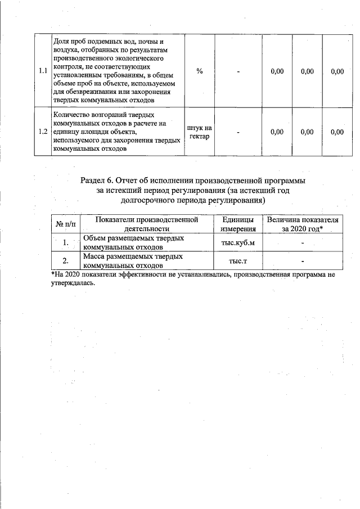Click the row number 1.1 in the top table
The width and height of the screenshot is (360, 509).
(43, 71)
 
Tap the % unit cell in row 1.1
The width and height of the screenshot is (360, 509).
(199, 71)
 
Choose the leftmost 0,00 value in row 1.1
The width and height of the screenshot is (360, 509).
(277, 71)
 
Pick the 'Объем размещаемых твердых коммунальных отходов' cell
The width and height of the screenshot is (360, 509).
(133, 242)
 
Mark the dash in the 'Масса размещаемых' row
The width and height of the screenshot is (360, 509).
(302, 261)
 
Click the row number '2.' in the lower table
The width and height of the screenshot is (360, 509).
(66, 261)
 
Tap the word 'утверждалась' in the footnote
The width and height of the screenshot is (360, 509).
(70, 283)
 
